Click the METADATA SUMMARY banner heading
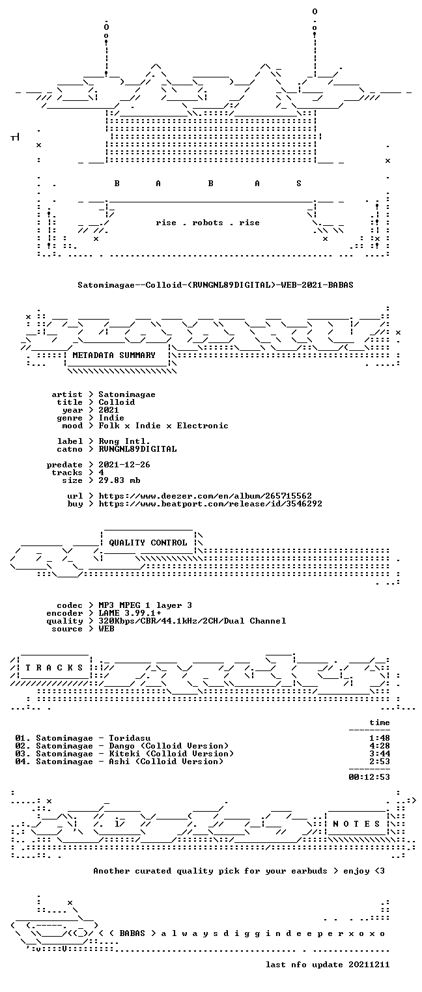click(114, 355)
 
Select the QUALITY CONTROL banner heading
click(148, 542)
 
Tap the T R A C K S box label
click(54, 667)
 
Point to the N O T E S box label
click(356, 823)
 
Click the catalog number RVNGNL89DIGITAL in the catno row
click(137, 449)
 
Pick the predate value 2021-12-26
click(124, 465)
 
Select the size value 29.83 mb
click(119, 480)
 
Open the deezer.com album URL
click(204, 495)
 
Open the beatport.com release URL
click(210, 504)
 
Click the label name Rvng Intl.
click(124, 441)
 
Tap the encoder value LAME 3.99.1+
click(130, 613)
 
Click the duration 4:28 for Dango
click(380, 746)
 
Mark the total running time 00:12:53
click(369, 777)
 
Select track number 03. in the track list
click(23, 753)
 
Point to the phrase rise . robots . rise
click(208, 223)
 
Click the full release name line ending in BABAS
click(216, 284)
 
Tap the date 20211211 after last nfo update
click(369, 964)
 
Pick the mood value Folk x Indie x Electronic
click(163, 426)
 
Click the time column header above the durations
click(380, 723)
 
